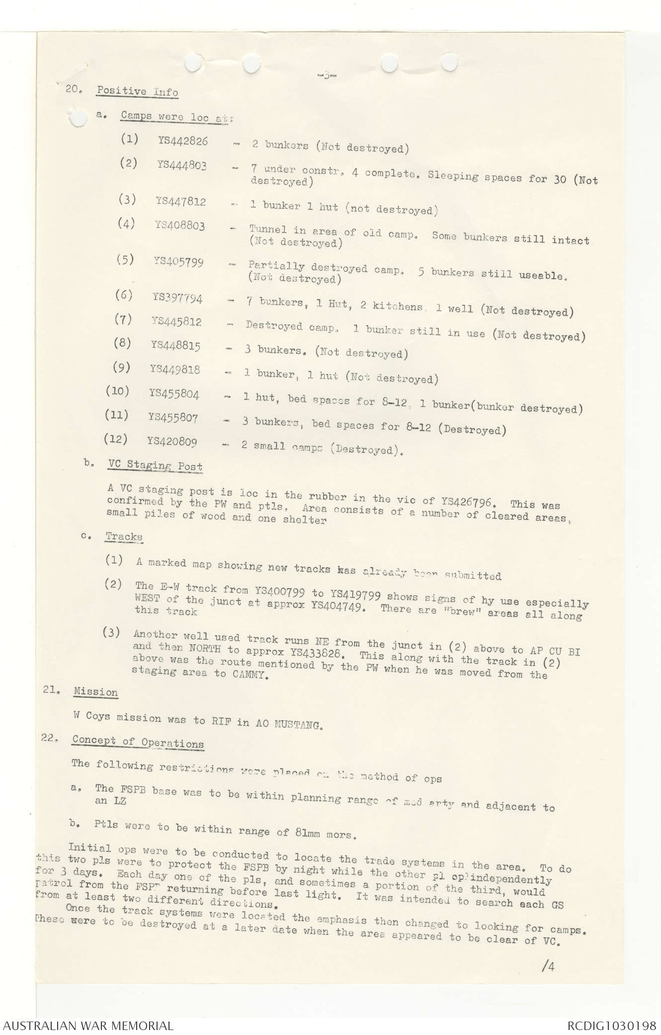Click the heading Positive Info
point(137,91)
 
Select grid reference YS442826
point(182,141)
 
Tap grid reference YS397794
point(177,298)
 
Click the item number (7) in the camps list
point(123,320)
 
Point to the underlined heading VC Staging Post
point(155,466)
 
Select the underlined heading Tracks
point(124,537)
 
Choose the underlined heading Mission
point(95,692)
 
